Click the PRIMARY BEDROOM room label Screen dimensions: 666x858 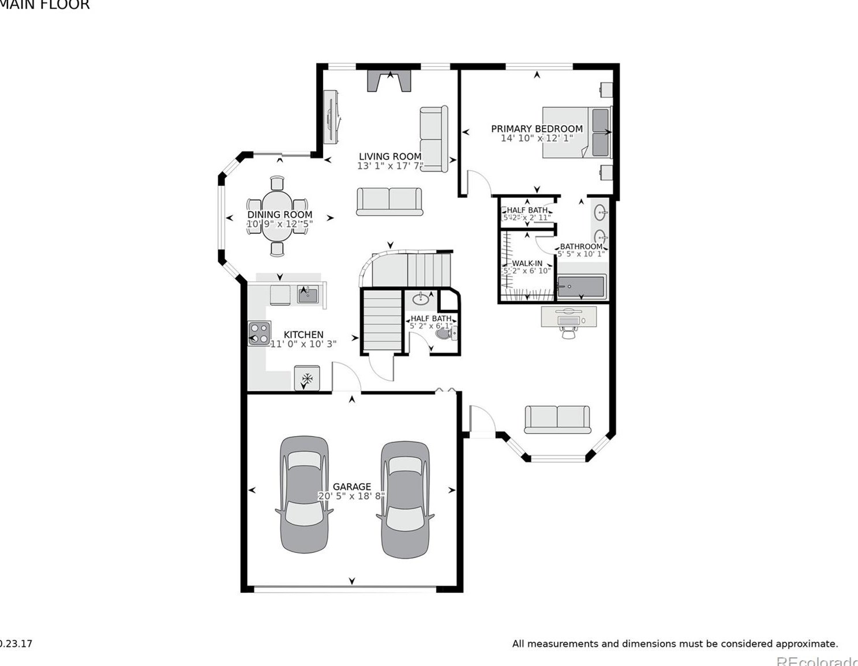pos(537,129)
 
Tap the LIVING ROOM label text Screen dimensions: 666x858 pos(390,156)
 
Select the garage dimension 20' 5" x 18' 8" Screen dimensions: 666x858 pos(351,496)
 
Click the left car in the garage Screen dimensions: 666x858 pos(304,494)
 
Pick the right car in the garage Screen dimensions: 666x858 pos(405,500)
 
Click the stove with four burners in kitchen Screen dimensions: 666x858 pos(259,333)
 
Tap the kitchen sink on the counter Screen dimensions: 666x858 pos(308,294)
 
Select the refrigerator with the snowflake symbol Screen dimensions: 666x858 pos(307,379)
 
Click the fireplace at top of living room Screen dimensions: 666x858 pos(389,81)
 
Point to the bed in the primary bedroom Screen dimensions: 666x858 pos(576,132)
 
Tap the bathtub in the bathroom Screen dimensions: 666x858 pos(580,287)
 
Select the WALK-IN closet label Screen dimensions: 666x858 pos(527,263)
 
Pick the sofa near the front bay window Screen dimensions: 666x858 pos(557,419)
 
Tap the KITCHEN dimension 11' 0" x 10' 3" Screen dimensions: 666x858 pos(304,344)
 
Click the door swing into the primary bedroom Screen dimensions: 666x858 pos(478,182)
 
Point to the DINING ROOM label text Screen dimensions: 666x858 pos(280,215)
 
